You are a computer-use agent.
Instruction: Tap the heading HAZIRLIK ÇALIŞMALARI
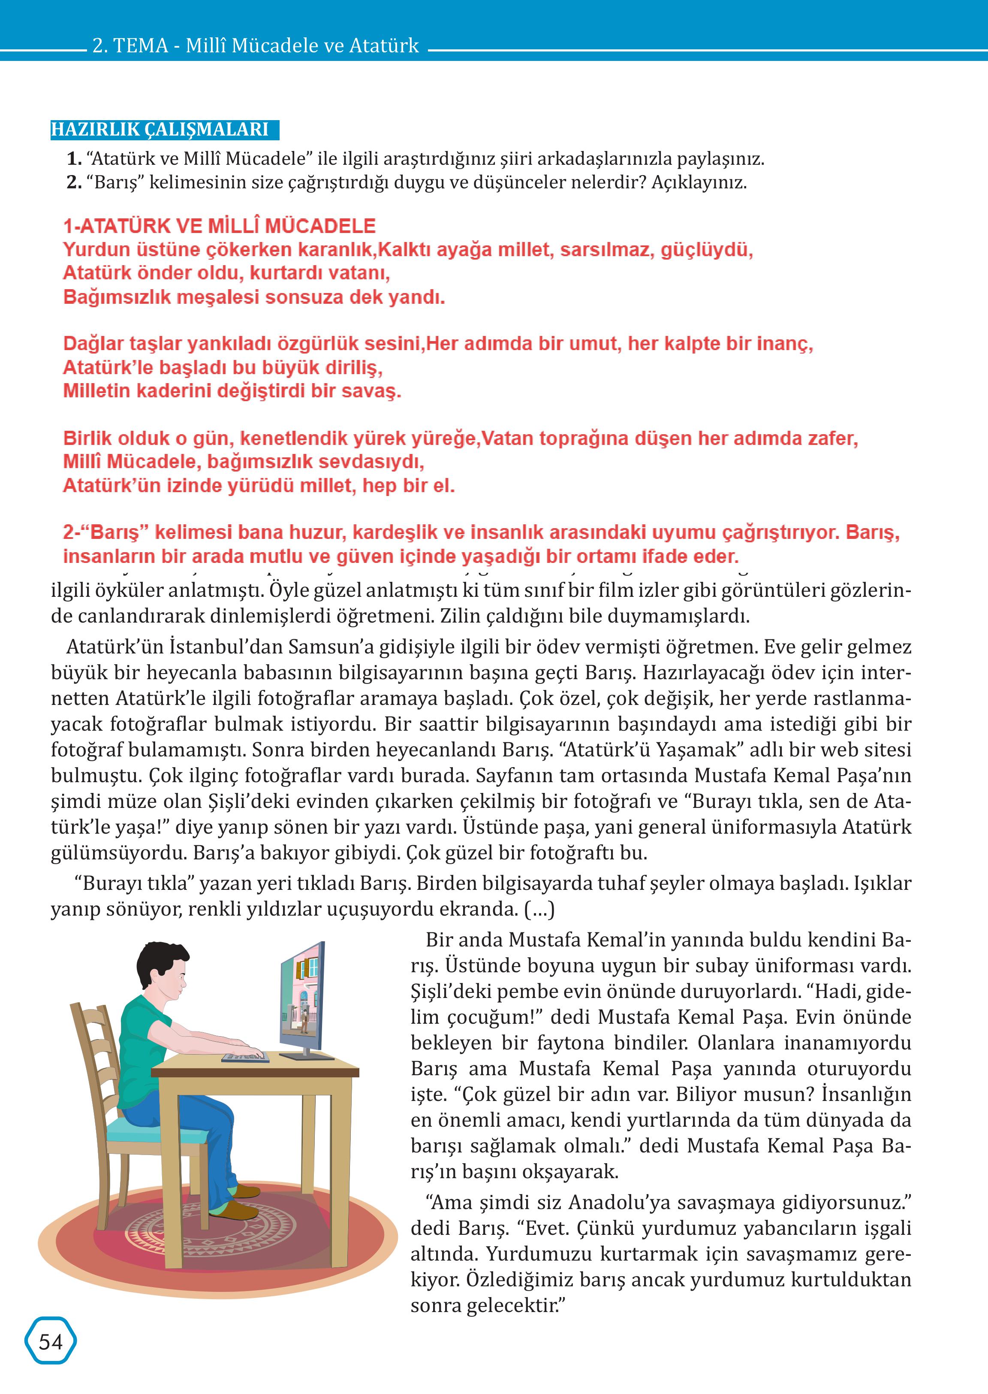click(160, 130)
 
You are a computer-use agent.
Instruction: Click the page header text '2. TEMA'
click(130, 45)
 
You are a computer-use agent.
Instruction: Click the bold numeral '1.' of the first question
click(74, 159)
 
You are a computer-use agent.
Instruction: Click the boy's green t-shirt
click(146, 1035)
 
